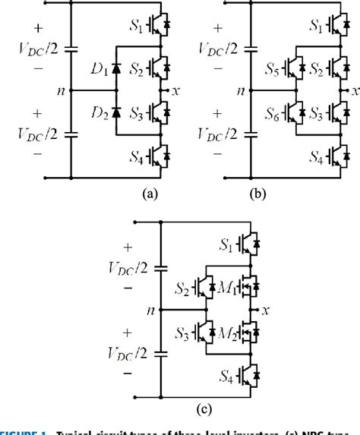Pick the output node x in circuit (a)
176,91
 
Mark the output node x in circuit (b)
352,91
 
